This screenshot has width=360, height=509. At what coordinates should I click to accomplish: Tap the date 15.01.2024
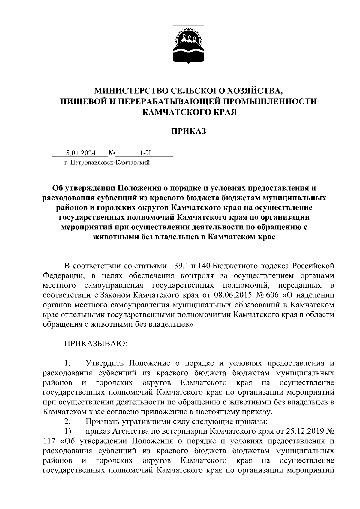[79, 153]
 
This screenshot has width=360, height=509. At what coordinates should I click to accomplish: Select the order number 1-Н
[145, 153]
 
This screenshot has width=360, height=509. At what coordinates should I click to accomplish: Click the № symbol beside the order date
[112, 153]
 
